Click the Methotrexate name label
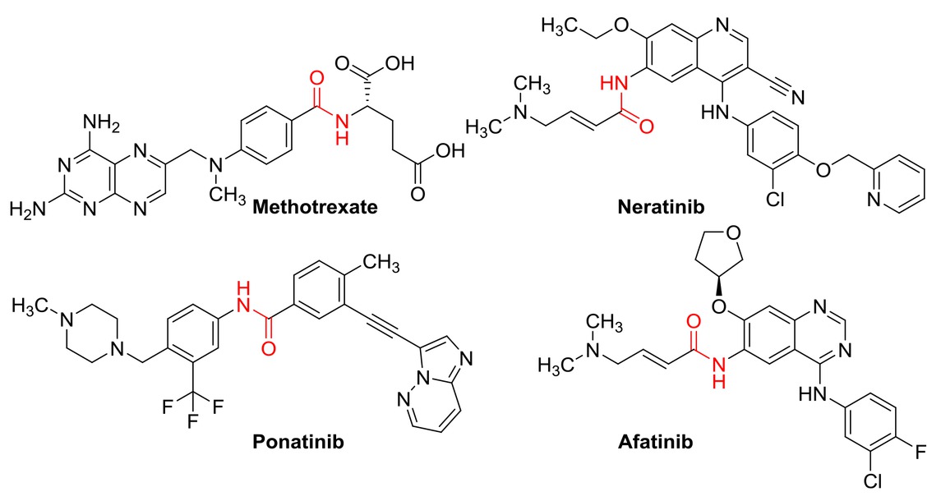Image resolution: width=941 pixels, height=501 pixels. pos(315,207)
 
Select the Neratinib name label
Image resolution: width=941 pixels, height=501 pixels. pos(661,207)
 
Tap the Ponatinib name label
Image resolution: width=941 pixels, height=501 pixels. pos(298,442)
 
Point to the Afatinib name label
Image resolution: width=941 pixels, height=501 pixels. pos(655,442)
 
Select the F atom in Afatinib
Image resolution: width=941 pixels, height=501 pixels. pos(921,452)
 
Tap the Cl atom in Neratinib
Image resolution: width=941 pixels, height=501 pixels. pos(775,199)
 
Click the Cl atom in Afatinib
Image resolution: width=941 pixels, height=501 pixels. pos(873,481)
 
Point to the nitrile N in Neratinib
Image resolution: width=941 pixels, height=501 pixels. pos(797,97)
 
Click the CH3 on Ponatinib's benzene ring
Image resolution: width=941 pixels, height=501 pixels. pos(381,264)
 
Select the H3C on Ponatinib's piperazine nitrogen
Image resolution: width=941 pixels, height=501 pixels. pos(30,306)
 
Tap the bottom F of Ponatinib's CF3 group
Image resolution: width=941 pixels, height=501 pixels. pos(193,421)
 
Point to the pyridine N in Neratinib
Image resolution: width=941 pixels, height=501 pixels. pos(874,200)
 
